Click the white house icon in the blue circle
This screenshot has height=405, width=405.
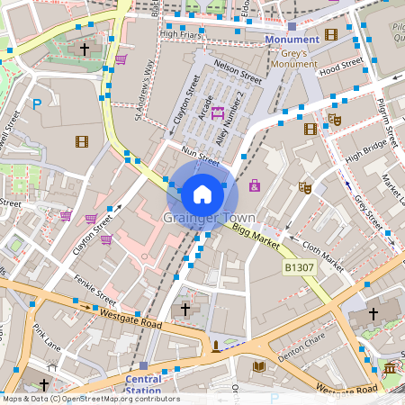point(202,193)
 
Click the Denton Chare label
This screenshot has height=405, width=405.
point(301,346)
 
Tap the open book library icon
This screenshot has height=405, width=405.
point(259,366)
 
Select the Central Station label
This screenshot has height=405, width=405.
point(143,384)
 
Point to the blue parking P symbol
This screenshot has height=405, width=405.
point(37,104)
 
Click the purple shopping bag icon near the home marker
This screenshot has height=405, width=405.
point(255,185)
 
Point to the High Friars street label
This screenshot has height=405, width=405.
point(177,34)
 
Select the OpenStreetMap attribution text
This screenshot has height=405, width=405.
point(90,399)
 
